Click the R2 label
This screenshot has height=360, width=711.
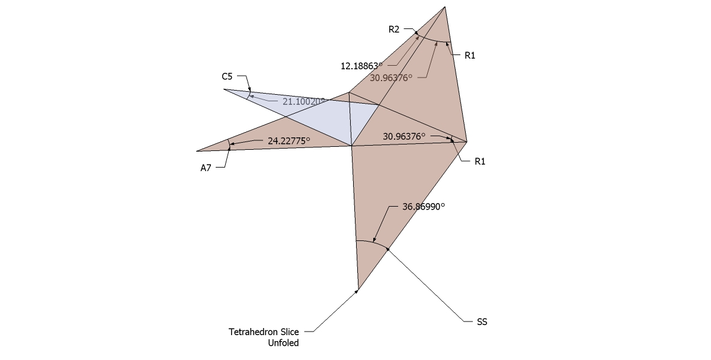coord(394,28)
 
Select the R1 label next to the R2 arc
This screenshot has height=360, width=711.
coord(470,55)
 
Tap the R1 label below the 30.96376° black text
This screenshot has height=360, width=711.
coord(481,161)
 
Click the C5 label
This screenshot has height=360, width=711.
coord(228,76)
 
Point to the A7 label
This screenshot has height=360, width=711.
coord(206,168)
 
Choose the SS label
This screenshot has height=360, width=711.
coord(482,322)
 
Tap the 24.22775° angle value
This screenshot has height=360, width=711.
coord(290,141)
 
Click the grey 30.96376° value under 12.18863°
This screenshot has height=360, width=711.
coord(390,77)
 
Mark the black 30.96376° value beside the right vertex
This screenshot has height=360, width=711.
coord(404,136)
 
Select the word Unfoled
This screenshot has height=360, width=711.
coord(285,342)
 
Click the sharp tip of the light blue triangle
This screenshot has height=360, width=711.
coord(224,89)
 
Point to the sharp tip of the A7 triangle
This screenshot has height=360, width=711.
coord(197,151)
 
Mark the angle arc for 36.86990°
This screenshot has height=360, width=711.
coord(372,242)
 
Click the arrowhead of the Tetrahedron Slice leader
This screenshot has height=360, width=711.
coord(357,291)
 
